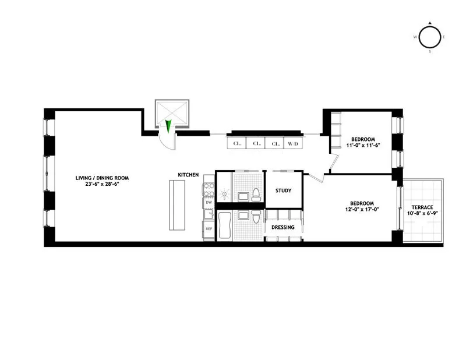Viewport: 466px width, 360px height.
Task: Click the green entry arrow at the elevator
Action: (x=168, y=126)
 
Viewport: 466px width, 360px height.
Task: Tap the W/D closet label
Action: (x=292, y=143)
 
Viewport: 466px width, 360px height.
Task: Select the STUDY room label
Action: (x=283, y=191)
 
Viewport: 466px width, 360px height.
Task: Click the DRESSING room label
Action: (x=283, y=227)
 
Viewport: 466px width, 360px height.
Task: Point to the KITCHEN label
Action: (x=189, y=175)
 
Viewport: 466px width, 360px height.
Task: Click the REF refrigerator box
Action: (x=208, y=229)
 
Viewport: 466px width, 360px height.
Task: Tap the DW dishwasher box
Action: (x=208, y=203)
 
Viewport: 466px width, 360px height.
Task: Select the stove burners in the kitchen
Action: (x=208, y=188)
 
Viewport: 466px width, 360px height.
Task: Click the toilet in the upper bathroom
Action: (x=256, y=194)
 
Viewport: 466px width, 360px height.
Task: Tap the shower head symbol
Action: (x=224, y=193)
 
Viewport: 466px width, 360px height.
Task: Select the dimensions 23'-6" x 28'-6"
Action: (x=101, y=185)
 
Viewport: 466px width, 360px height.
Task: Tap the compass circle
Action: (x=430, y=37)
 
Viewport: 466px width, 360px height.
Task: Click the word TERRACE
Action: (x=423, y=207)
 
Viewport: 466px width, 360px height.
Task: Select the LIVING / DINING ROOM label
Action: (x=101, y=178)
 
